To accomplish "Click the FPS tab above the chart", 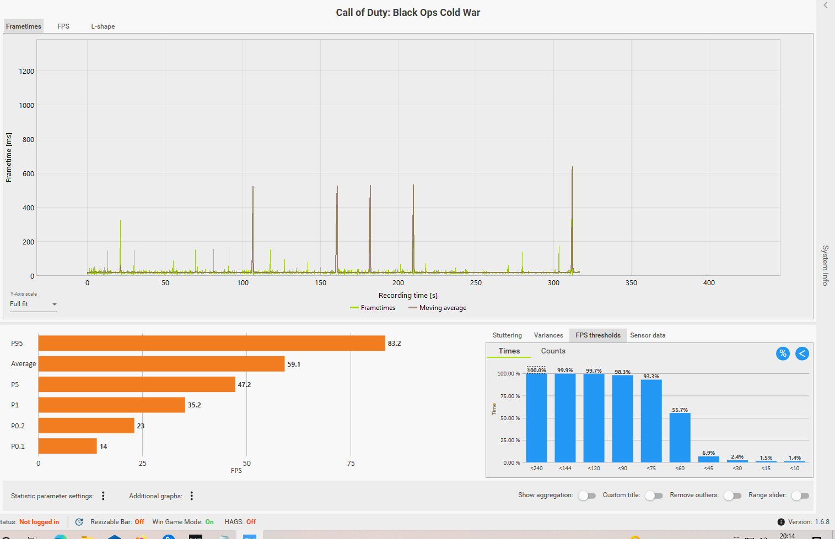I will coord(63,26).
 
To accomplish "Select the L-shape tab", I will coord(103,26).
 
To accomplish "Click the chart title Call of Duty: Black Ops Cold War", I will coord(408,13).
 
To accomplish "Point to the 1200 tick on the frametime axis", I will coord(26,72).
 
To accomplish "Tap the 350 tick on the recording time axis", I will coord(631,283).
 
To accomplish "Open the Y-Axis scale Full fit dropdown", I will coord(33,304).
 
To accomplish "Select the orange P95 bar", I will coord(212,344).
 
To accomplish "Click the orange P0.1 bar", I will coord(67,446).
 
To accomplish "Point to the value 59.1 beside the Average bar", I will coord(294,364).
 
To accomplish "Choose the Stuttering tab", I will coord(507,335).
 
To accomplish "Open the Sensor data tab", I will coord(648,335).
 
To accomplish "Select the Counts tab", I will coord(553,351).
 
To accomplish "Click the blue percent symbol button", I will coord(783,353).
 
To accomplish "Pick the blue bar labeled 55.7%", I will coord(680,438).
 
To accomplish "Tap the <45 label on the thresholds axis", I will coord(709,469).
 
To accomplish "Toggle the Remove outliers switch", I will coord(732,496).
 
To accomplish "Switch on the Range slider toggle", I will coord(800,496).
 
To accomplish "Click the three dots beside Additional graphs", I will coord(192,496).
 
